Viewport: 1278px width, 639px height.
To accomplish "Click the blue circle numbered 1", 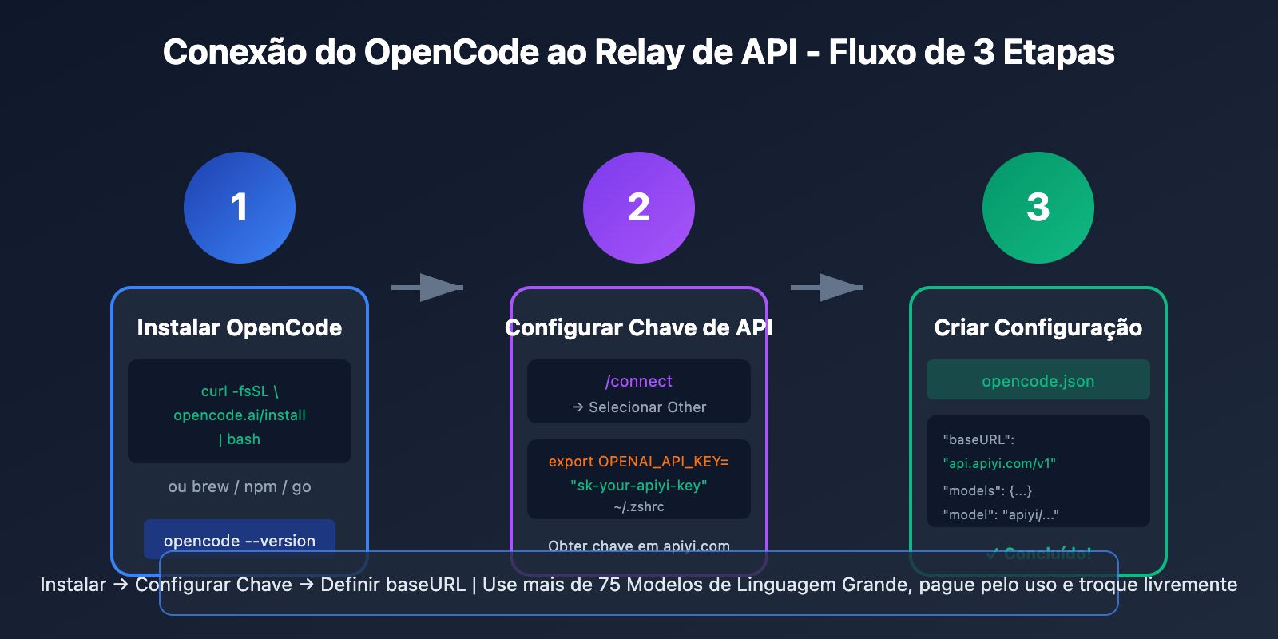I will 240,208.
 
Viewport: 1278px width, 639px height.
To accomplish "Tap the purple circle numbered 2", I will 639,208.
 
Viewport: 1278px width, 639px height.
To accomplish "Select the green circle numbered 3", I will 1038,208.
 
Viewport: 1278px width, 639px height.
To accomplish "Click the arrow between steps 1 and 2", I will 428,288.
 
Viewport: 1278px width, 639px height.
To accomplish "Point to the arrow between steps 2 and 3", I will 828,288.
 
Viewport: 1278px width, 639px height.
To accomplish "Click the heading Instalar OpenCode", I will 240,327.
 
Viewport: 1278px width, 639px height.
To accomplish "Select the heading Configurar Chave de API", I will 639,327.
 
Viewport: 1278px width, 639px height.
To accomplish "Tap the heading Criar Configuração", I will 1038,327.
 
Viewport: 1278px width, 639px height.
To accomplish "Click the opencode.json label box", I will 1038,380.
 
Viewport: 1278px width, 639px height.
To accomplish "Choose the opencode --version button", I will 240,540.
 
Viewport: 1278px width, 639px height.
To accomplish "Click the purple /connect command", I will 639,381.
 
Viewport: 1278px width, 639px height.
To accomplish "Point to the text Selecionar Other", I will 647,407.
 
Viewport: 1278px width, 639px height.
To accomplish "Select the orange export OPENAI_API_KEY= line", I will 639,462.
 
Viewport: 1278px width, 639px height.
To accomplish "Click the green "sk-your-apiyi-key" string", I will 639,485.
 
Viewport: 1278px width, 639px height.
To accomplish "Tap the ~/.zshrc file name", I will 639,506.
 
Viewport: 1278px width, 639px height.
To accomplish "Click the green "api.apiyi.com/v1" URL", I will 999,463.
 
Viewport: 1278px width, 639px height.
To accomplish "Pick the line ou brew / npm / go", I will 240,486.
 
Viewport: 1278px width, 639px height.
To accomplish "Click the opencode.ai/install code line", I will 240,415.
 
